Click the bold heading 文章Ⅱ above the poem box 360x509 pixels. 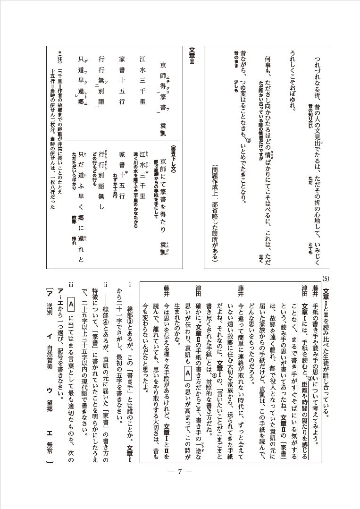[192, 59]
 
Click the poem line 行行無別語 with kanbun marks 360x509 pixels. [100, 87]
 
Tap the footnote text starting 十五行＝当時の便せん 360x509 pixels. [52, 137]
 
